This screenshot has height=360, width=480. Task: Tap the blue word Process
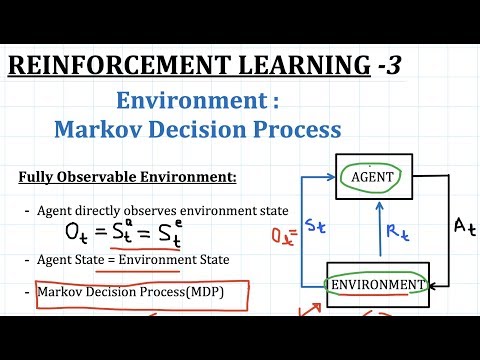(x=304, y=129)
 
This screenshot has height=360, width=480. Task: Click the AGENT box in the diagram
(x=374, y=177)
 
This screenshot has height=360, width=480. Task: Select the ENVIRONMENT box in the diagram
(x=378, y=285)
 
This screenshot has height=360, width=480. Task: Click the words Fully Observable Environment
(x=128, y=178)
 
